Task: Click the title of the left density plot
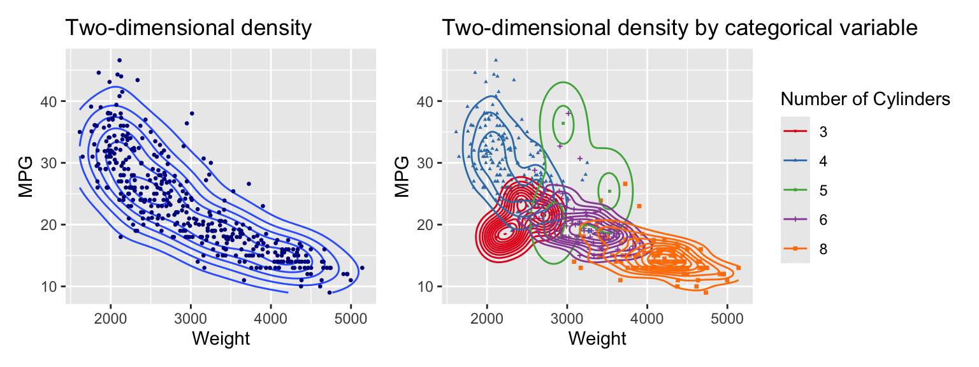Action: (189, 28)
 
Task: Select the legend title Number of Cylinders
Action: (866, 99)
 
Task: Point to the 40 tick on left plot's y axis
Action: (51, 101)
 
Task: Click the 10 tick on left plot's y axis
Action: (51, 286)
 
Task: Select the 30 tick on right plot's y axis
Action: (428, 163)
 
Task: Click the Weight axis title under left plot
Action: (221, 339)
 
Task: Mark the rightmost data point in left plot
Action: (362, 268)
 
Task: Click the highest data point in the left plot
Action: (119, 61)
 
